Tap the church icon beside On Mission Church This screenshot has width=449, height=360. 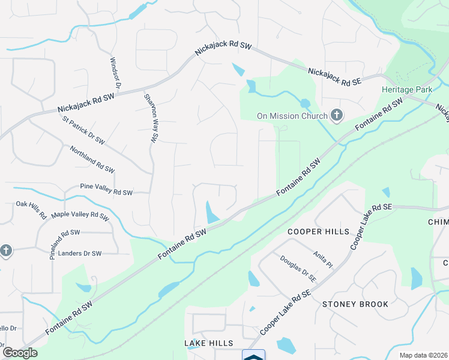(x=337, y=115)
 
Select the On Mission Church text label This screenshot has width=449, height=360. (x=292, y=116)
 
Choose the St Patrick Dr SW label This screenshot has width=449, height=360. (x=83, y=130)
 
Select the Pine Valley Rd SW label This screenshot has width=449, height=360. (x=106, y=193)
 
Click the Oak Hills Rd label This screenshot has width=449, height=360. (x=31, y=211)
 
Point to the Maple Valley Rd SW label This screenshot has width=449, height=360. (x=80, y=215)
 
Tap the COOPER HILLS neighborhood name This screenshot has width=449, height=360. (x=318, y=232)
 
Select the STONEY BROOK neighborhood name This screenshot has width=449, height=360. (x=355, y=304)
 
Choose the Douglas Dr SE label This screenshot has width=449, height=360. (x=298, y=268)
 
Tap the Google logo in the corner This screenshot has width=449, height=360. (x=20, y=352)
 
